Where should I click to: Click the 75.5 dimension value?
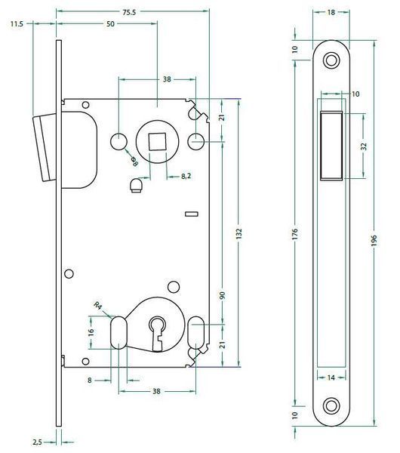tap(129, 12)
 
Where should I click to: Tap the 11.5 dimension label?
tap(17, 24)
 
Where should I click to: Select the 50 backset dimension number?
tap(110, 24)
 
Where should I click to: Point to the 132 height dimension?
tap(238, 233)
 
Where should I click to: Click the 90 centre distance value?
tap(222, 295)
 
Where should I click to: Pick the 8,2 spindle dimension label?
tap(186, 176)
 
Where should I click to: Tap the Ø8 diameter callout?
tap(134, 162)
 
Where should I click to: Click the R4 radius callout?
tap(98, 305)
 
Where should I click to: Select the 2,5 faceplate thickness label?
tap(37, 442)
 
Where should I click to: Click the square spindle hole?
tap(158, 142)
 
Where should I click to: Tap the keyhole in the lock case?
tap(157, 334)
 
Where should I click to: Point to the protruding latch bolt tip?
tap(45, 147)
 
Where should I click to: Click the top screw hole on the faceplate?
tap(331, 60)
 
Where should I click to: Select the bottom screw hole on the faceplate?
tap(331, 405)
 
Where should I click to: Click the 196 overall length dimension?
tap(374, 240)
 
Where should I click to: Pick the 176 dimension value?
tap(294, 233)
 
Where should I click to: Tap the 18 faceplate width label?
tap(331, 12)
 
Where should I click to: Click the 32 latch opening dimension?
tap(364, 146)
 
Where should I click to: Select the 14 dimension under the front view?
tap(331, 377)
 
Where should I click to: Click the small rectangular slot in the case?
tap(192, 214)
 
